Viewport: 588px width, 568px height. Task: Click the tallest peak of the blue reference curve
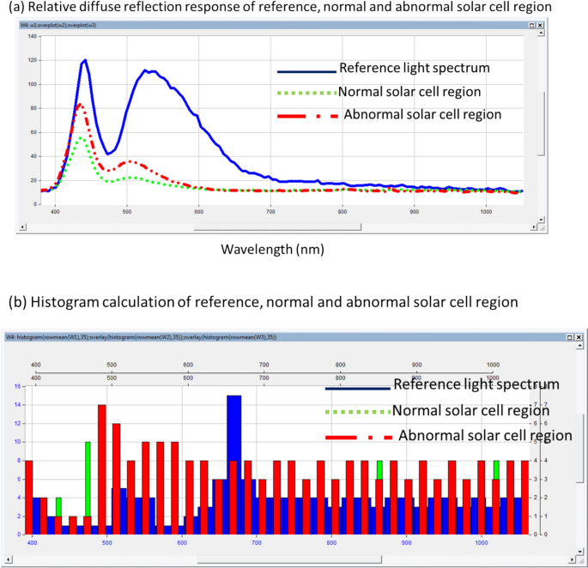pos(85,61)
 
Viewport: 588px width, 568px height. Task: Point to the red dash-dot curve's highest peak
pos(79,105)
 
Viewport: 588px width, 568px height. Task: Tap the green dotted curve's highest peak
pos(81,137)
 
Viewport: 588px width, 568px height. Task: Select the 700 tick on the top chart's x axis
pos(270,212)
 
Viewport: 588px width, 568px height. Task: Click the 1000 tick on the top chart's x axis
pos(486,212)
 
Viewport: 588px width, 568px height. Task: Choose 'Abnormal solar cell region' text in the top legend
pos(421,114)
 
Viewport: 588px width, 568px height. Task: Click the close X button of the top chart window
pos(540,25)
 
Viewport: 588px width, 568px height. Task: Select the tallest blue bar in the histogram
pos(234,463)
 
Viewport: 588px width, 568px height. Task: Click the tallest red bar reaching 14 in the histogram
pos(102,468)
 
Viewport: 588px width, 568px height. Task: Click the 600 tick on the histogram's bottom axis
pos(181,542)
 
